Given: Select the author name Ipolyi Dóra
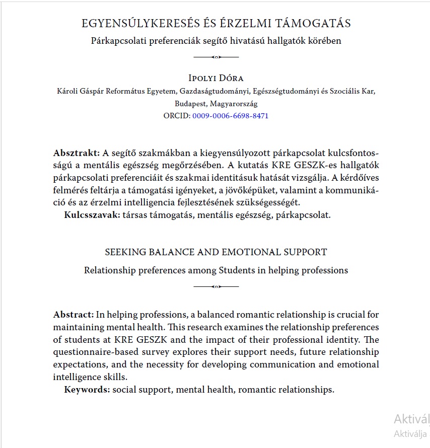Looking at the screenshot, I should (216, 78).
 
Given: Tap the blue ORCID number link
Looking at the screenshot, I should (230, 116).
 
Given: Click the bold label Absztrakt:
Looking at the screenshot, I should (77, 153).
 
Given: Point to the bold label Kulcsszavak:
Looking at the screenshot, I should (92, 215).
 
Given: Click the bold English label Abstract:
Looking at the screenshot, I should (74, 315).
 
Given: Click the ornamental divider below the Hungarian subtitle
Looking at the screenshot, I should (216, 57).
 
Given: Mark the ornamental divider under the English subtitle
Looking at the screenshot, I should (216, 286).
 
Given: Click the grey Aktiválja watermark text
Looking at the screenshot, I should (410, 433).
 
